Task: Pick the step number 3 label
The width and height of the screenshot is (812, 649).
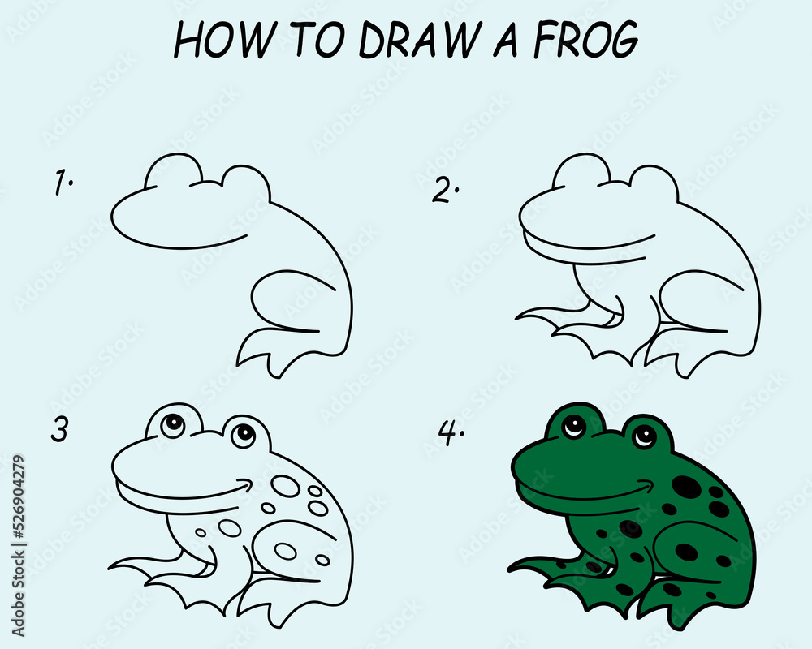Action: pos(59,431)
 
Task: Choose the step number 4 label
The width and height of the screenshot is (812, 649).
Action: pos(449,434)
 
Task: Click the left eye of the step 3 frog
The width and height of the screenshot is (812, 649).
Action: pos(173,424)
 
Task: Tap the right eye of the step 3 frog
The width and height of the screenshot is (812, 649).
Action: pos(241,436)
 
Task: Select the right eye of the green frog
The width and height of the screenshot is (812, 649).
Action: pos(645,436)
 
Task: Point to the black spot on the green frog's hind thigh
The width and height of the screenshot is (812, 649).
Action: pos(686,552)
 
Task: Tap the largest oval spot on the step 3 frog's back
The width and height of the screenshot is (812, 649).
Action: pos(285,486)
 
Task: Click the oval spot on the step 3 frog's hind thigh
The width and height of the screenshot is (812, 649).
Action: pos(285,551)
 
